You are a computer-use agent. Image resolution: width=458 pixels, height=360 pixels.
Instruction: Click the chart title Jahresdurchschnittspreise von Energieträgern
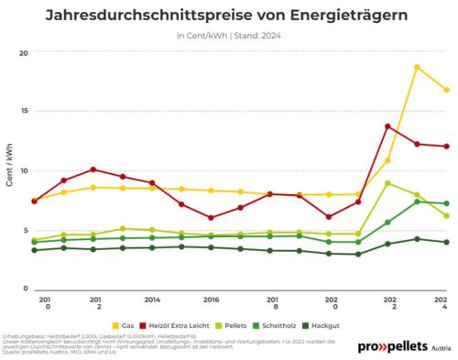(228, 16)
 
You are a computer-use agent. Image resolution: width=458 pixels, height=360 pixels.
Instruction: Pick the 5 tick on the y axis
(25, 230)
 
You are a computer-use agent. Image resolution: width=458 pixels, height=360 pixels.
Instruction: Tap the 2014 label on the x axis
(152, 300)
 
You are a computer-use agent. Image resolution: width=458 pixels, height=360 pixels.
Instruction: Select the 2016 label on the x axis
(211, 300)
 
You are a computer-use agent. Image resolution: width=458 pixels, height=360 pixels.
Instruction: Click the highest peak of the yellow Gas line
(417, 67)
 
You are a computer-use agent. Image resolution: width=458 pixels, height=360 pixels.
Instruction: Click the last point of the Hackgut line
(446, 242)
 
